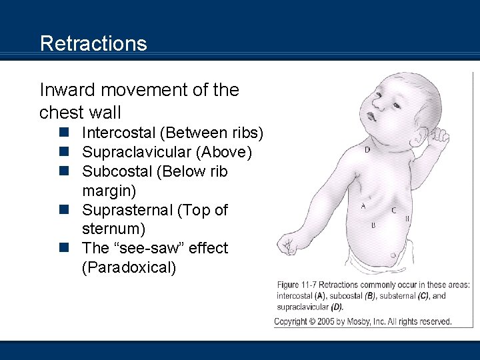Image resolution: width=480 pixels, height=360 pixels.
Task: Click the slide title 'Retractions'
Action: (93, 43)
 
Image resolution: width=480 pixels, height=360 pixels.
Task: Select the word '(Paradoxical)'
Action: (129, 267)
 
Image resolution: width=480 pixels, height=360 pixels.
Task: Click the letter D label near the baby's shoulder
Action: (367, 149)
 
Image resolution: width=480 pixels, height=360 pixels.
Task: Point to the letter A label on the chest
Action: (363, 206)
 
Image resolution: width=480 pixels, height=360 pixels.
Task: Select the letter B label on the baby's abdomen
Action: (373, 225)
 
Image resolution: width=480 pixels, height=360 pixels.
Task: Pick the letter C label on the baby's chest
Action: (393, 210)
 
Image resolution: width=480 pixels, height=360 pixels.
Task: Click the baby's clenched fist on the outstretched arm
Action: (289, 243)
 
